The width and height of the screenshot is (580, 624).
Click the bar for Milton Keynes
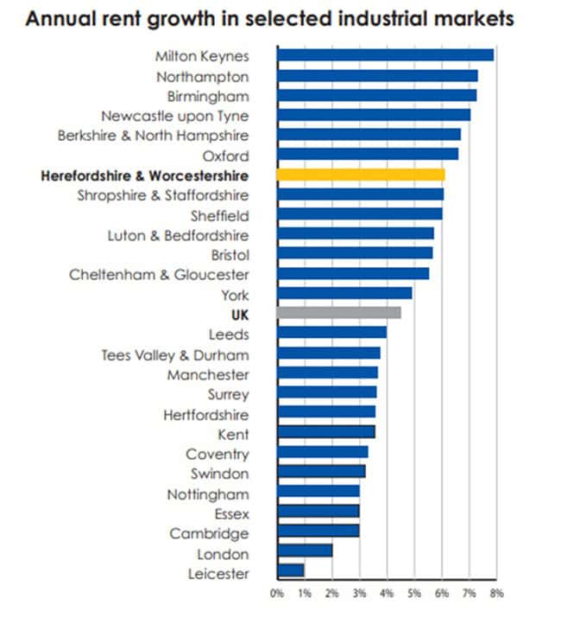point(385,55)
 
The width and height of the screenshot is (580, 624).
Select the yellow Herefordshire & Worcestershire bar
point(361,175)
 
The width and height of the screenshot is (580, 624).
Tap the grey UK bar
point(338,313)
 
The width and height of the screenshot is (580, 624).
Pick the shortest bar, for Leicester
point(291,571)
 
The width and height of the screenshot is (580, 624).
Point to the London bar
point(305,551)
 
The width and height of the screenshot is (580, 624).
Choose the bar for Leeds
point(331,333)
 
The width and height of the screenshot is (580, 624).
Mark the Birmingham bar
point(376,95)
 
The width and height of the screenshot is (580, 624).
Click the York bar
point(344,293)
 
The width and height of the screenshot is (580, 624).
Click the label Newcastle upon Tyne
point(175,115)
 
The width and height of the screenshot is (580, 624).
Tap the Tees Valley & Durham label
point(175,354)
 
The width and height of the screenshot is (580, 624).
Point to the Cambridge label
point(209,533)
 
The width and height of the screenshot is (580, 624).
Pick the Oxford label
point(225,156)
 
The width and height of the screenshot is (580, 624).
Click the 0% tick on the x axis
point(277,594)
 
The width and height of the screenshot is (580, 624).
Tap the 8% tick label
point(496,594)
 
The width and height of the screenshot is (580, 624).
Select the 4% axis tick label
point(387,594)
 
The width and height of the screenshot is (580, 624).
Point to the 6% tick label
point(442,594)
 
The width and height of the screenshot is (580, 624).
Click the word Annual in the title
point(60,19)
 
